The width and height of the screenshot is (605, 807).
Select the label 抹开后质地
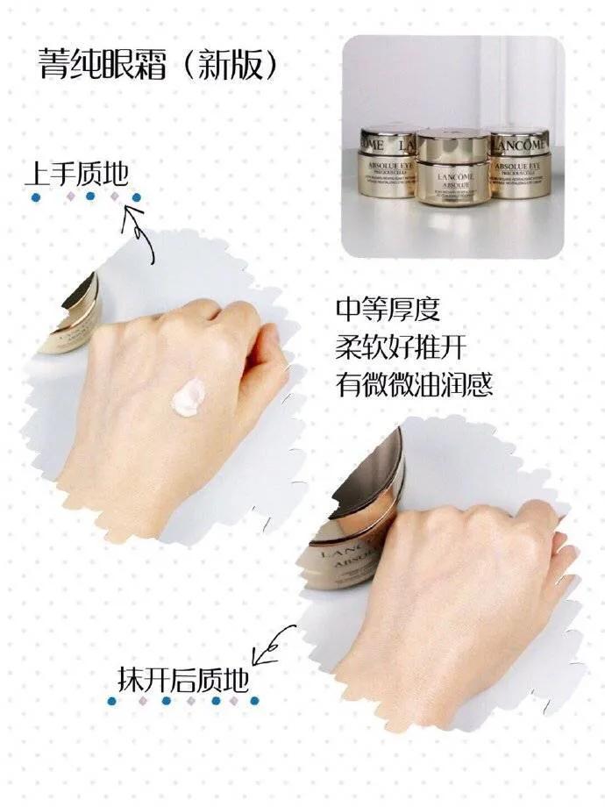point(182,679)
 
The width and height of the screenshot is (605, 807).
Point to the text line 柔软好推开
point(400,348)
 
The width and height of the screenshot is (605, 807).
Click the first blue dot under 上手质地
point(34,197)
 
